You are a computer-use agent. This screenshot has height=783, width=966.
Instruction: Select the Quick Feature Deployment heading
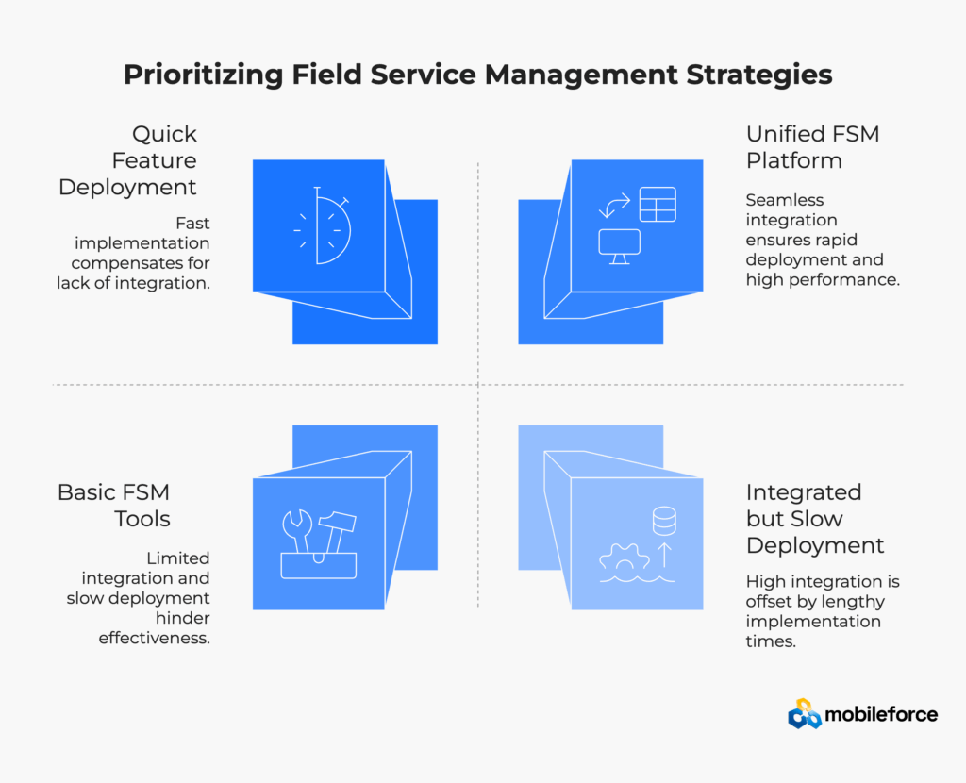click(x=127, y=160)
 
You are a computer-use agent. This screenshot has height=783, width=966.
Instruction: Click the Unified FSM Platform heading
click(x=812, y=147)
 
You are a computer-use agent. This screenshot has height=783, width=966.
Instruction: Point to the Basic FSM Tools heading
click(x=114, y=506)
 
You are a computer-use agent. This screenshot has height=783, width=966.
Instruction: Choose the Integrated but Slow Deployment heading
click(x=815, y=519)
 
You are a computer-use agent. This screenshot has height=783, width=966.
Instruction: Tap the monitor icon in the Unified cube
click(x=619, y=244)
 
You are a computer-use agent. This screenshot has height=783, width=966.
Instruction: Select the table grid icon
click(x=658, y=205)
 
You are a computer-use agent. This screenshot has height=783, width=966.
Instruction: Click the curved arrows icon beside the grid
click(x=614, y=205)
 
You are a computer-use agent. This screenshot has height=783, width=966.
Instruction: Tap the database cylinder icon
click(x=664, y=520)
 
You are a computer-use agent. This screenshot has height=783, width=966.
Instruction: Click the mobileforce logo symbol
click(x=805, y=714)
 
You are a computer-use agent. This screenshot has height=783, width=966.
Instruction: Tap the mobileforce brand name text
click(x=881, y=714)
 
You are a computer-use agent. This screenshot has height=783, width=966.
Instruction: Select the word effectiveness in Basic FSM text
click(x=155, y=638)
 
